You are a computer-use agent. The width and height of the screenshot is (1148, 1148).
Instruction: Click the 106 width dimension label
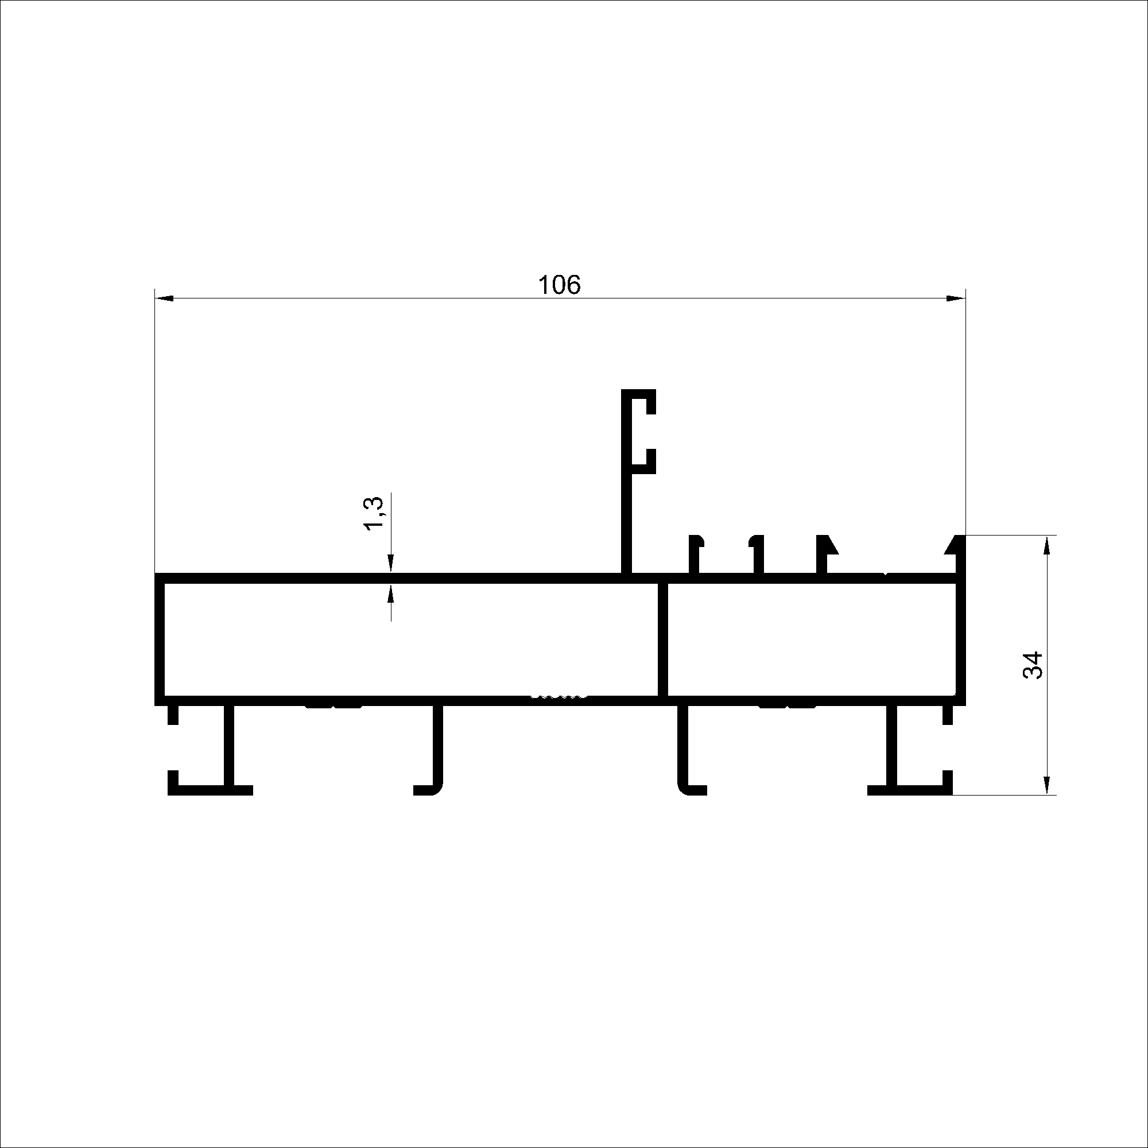click(559, 285)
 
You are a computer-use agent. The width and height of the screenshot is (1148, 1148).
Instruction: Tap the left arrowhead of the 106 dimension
click(164, 298)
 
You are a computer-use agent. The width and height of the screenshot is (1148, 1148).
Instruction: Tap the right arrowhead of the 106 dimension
click(956, 298)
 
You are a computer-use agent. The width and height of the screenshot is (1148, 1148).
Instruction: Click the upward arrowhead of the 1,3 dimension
click(391, 593)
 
